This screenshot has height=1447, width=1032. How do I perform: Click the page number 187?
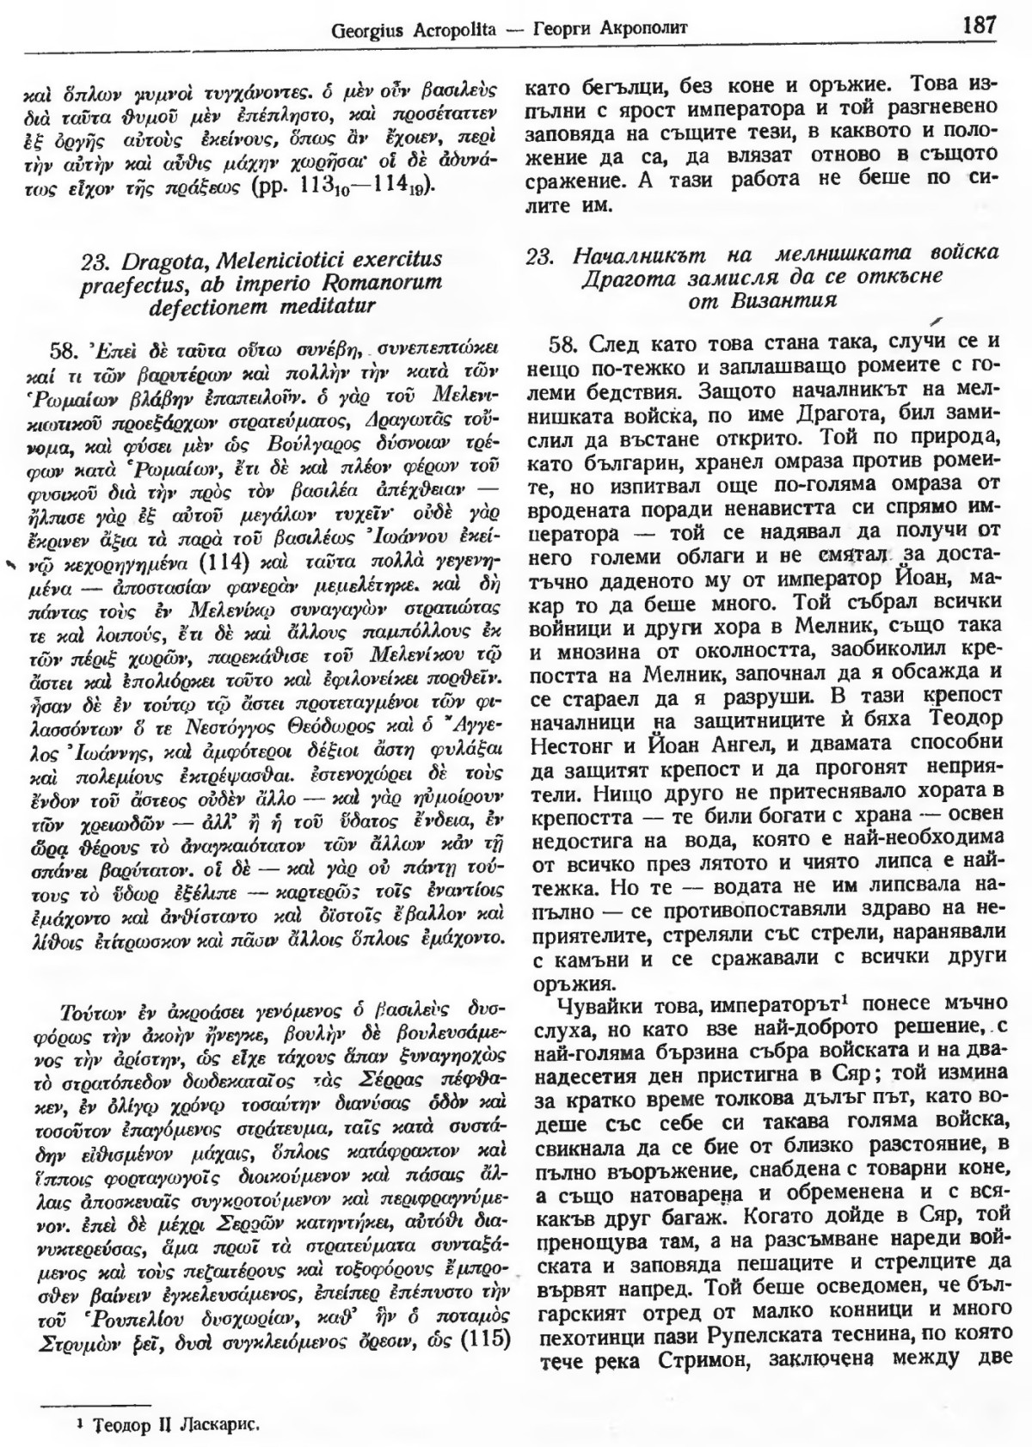(x=980, y=23)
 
